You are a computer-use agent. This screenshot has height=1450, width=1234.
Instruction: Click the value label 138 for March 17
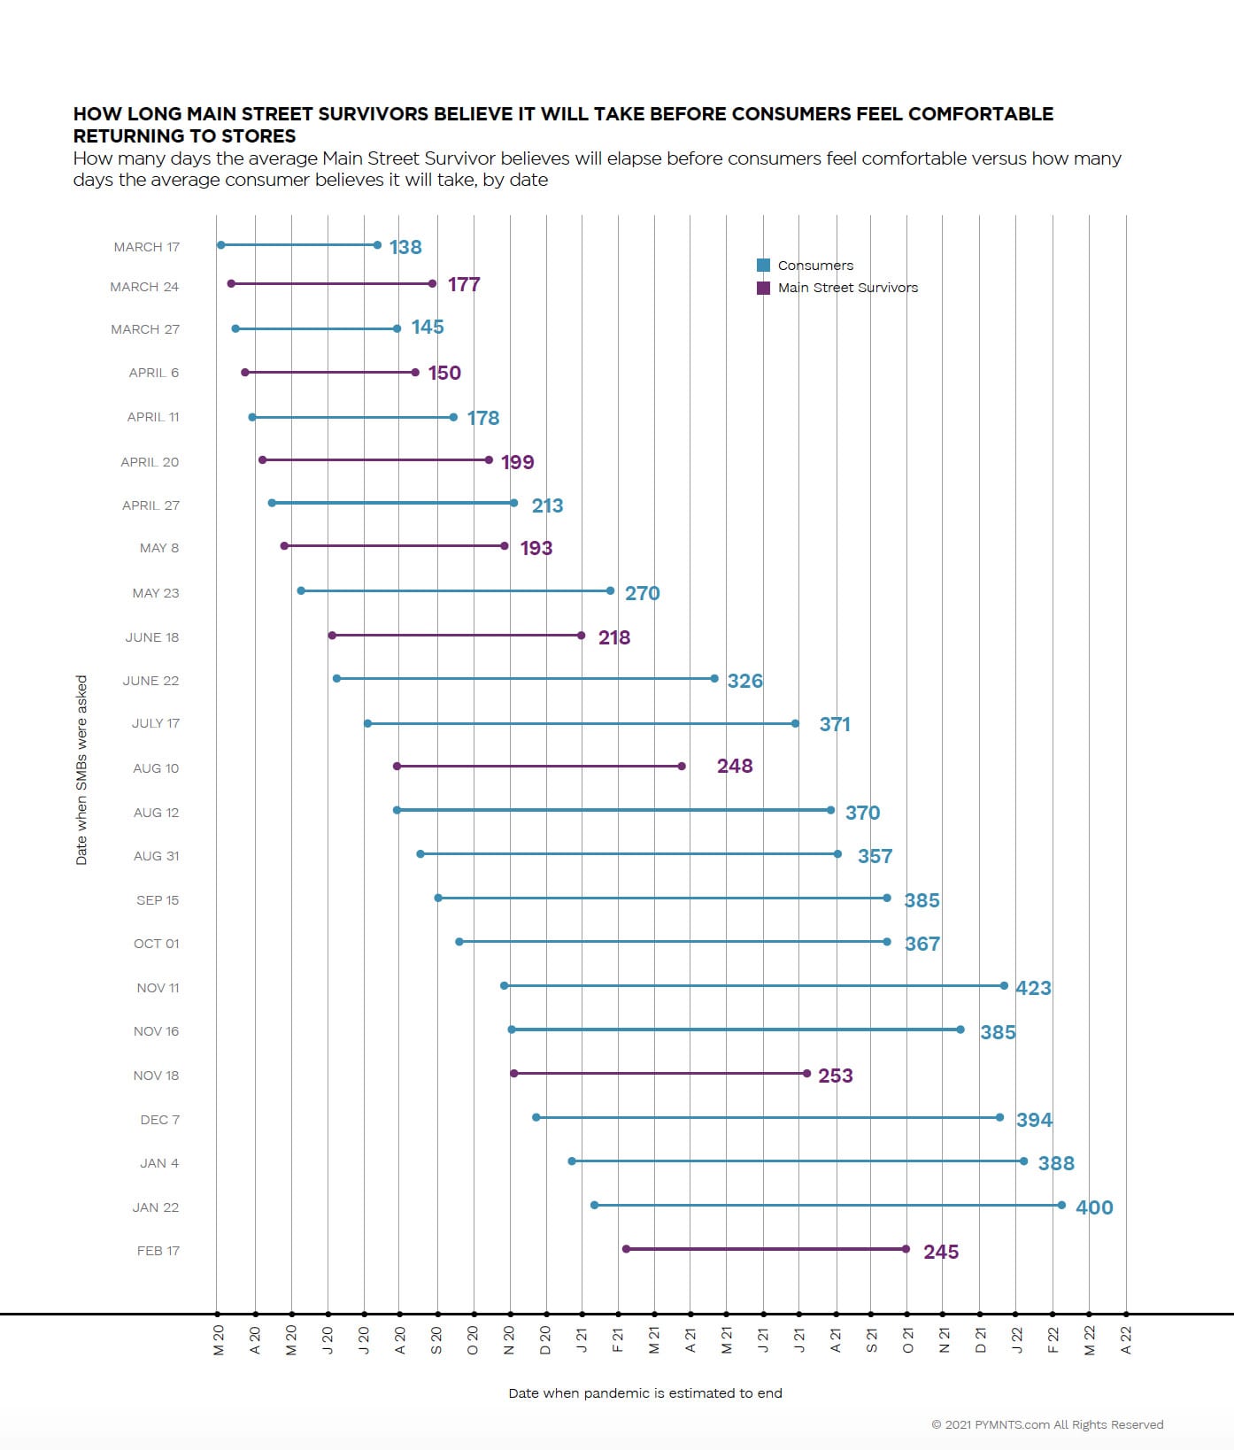[x=405, y=247]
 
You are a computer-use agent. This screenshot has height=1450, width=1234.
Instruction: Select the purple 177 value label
[x=464, y=284]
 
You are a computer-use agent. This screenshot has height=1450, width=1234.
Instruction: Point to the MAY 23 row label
[x=156, y=593]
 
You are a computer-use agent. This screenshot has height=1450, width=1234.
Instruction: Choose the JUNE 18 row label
[x=152, y=637]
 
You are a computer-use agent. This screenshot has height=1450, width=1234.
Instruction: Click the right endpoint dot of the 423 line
[x=1004, y=985]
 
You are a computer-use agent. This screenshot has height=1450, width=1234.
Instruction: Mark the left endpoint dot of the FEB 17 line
[x=626, y=1249]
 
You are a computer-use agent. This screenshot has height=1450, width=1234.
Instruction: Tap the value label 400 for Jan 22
[x=1094, y=1207]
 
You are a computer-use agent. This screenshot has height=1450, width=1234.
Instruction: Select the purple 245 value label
[x=941, y=1252]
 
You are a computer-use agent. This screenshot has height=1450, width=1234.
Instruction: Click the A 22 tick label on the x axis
[x=1126, y=1340]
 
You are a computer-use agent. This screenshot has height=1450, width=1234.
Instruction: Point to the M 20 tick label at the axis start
[x=219, y=1340]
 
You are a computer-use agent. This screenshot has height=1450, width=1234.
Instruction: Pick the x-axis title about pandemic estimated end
[x=645, y=1393]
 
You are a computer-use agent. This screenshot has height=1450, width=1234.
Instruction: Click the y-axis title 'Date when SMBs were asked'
[x=81, y=770]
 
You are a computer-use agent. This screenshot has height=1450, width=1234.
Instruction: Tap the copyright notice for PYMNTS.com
[x=1047, y=1424]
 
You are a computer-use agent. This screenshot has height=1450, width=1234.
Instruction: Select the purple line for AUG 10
[x=539, y=766]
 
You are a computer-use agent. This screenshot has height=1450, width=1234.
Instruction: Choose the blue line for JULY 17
[x=582, y=723]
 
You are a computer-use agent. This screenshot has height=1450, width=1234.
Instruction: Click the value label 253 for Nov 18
[x=835, y=1076]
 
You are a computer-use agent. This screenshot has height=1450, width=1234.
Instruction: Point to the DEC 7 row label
[x=159, y=1120]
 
